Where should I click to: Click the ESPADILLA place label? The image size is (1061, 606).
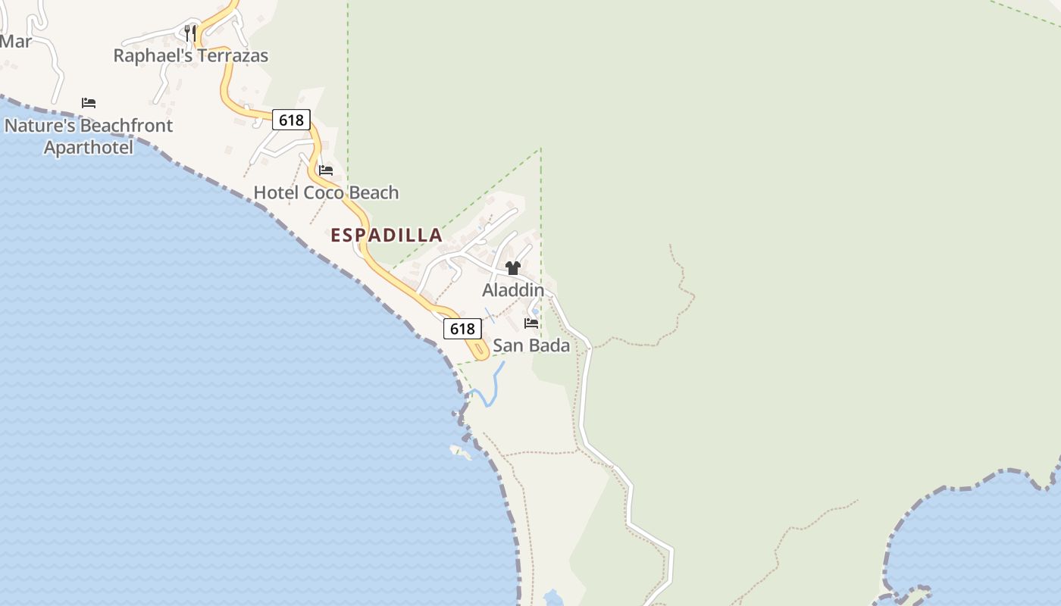click(387, 235)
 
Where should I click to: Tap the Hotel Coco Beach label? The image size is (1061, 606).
click(326, 192)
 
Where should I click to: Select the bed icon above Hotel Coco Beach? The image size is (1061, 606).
click(326, 170)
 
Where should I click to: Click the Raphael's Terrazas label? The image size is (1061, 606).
click(191, 55)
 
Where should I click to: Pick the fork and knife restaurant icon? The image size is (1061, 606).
click(190, 33)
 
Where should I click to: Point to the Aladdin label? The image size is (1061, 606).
click(513, 290)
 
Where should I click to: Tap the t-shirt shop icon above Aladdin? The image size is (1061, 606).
click(513, 268)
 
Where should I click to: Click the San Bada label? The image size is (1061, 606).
click(531, 345)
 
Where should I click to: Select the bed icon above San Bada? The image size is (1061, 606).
click(531, 323)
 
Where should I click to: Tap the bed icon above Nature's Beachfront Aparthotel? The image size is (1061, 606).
click(89, 103)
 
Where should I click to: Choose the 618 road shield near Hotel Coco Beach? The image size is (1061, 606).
click(291, 120)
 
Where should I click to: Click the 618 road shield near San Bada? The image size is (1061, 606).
click(462, 329)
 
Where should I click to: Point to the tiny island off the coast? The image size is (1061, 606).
click(460, 451)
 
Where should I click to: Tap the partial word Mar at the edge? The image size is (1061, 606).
click(15, 42)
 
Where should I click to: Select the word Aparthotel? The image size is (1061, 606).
click(89, 147)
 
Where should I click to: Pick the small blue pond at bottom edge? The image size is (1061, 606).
click(553, 598)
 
